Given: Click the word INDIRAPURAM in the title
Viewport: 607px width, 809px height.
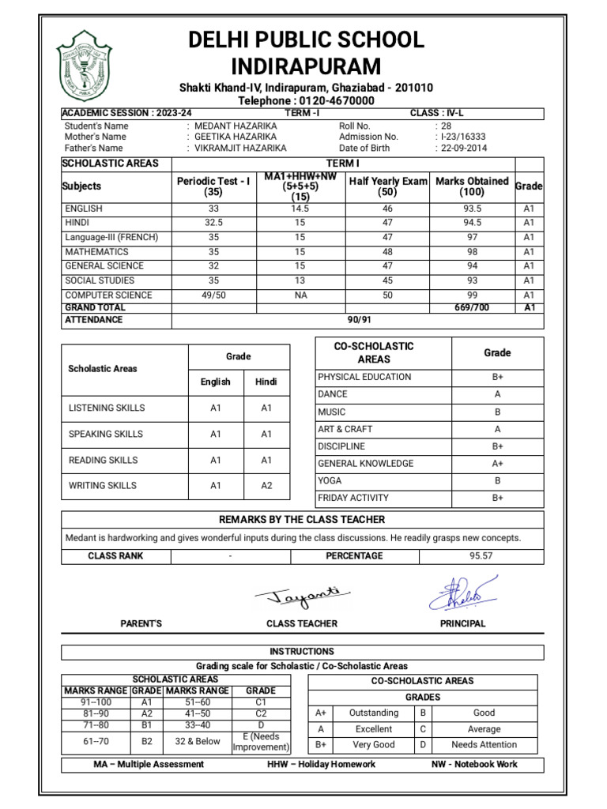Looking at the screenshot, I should (306, 66).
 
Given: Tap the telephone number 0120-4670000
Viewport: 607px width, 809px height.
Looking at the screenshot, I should (331, 101).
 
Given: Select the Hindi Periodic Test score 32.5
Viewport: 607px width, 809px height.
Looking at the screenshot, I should (213, 223).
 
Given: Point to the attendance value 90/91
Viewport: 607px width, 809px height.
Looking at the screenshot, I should (359, 320).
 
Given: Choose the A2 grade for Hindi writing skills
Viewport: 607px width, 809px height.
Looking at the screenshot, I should (266, 486).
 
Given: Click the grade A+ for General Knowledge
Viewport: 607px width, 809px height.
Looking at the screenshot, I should (498, 463).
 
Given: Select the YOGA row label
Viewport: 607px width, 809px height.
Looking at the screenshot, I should (330, 480).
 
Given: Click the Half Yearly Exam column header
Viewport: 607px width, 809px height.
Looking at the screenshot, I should (387, 186).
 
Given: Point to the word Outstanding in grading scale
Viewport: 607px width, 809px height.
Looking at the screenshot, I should (374, 713).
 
